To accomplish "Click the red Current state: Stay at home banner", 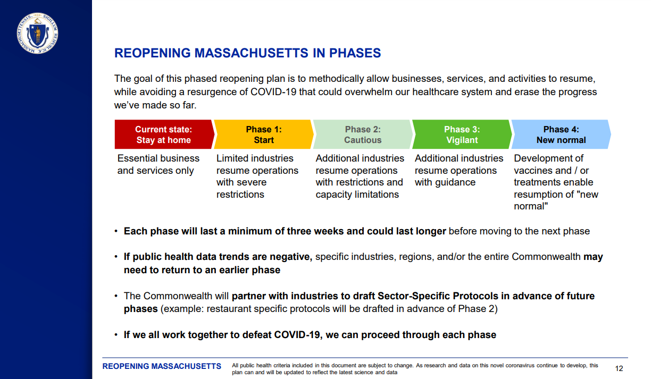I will pyautogui.click(x=163, y=134).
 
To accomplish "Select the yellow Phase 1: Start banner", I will pyautogui.click(x=263, y=134).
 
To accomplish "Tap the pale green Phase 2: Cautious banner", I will pyautogui.click(x=362, y=134).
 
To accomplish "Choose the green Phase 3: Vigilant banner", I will pyautogui.click(x=461, y=134).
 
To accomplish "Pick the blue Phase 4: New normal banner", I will pyautogui.click(x=560, y=134).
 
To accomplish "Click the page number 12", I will pyautogui.click(x=619, y=368).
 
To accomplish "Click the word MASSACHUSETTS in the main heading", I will pyautogui.click(x=254, y=53).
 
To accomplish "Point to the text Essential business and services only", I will pyautogui.click(x=158, y=164).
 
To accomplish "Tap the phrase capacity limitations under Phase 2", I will pyautogui.click(x=357, y=195).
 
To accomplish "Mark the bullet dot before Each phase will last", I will pyautogui.click(x=116, y=232).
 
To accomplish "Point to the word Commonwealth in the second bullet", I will pyautogui.click(x=546, y=257).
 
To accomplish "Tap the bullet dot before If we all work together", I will pyautogui.click(x=116, y=335).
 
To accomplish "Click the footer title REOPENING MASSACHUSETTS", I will pyautogui.click(x=162, y=366).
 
